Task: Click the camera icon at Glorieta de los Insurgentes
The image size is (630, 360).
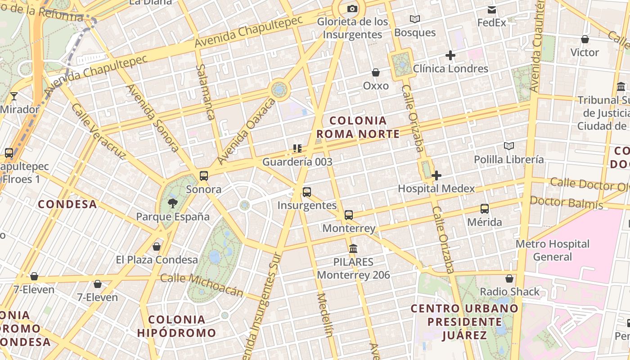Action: [352, 9]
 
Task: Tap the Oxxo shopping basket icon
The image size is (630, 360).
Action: [376, 72]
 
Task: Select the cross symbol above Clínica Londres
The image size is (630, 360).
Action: [450, 55]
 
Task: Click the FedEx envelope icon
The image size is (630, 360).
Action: [492, 9]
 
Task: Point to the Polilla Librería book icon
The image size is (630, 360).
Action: [509, 146]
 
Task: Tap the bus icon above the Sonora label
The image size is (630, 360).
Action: [204, 176]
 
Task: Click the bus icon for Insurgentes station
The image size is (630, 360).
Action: [307, 192]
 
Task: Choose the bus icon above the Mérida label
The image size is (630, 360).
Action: [485, 209]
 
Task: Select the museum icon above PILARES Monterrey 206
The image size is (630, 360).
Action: [353, 248]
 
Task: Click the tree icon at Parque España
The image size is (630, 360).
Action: [172, 203]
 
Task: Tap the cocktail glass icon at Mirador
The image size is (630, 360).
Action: [14, 96]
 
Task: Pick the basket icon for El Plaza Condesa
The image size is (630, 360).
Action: [157, 247]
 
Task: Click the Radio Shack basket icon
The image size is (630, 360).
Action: [509, 279]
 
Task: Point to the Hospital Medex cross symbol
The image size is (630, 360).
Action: [436, 175]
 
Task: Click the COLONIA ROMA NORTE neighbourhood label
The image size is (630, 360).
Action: [358, 127]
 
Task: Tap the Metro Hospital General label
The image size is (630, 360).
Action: [553, 250]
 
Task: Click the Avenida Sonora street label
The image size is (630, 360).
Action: [153, 118]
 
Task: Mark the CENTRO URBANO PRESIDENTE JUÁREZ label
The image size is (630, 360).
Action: [465, 322]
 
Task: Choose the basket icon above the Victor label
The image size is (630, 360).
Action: [585, 39]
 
